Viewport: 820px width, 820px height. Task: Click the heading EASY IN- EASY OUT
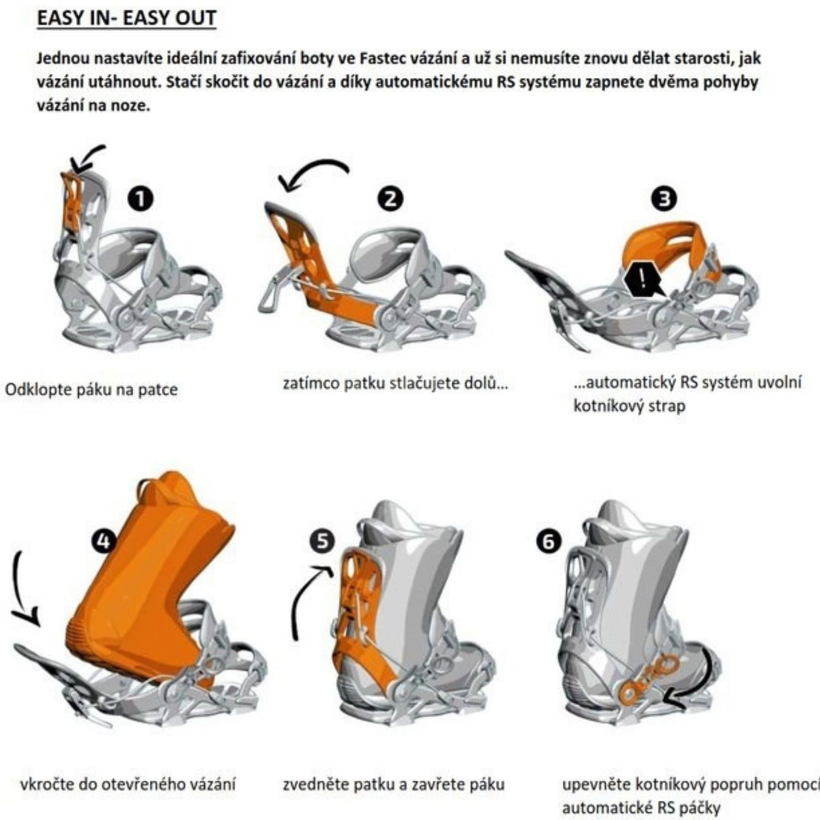point(126,18)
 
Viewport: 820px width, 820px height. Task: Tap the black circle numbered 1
point(140,198)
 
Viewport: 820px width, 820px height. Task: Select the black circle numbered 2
point(390,198)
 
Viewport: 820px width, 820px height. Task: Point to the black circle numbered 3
point(664,198)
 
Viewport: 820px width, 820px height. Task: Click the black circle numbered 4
point(103,542)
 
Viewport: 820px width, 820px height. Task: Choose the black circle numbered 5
point(323,541)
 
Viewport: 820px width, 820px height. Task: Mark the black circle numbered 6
point(548,542)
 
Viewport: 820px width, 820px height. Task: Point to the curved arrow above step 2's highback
point(317,164)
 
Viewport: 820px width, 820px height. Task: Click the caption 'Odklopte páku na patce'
point(91,390)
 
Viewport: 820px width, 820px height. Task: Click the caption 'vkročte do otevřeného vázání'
point(127,784)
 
